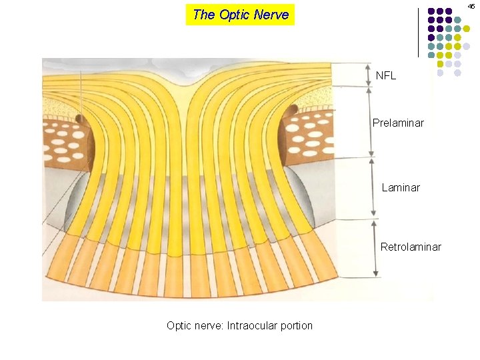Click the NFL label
coord(385,76)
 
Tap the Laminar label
coord(401,188)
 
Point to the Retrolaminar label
coord(411,247)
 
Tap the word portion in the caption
coord(297,326)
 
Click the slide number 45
coord(471,6)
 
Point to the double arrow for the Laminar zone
coord(373,187)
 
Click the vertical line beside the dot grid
coord(419,32)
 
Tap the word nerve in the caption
coord(208,326)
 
